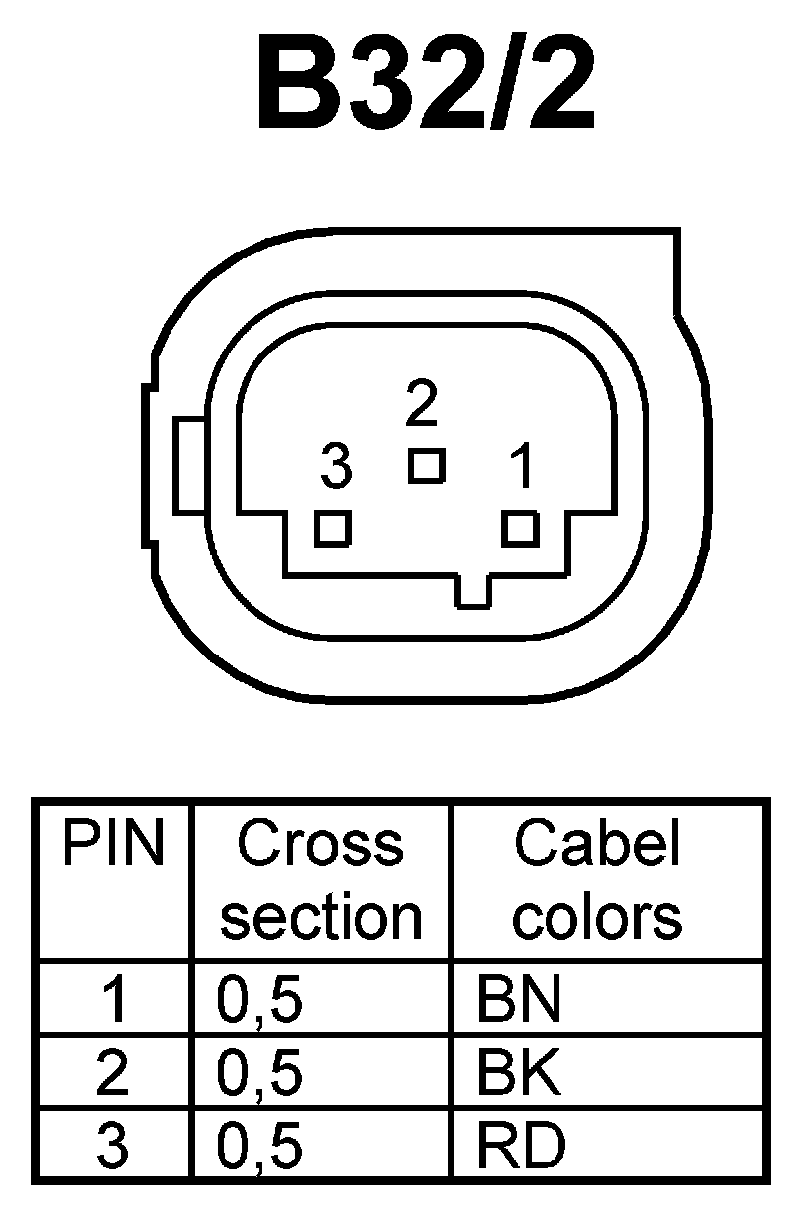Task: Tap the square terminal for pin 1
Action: (520, 528)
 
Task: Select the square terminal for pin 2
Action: (426, 465)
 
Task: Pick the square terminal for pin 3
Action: (333, 528)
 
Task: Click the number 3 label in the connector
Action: (336, 467)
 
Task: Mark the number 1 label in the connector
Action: (521, 467)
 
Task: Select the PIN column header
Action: (113, 845)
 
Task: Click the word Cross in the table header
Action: (321, 845)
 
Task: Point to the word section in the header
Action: (321, 918)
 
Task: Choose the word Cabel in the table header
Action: (597, 845)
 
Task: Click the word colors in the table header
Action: (597, 918)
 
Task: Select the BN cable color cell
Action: (519, 1001)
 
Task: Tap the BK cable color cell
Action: (519, 1073)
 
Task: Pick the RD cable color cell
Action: (521, 1147)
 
